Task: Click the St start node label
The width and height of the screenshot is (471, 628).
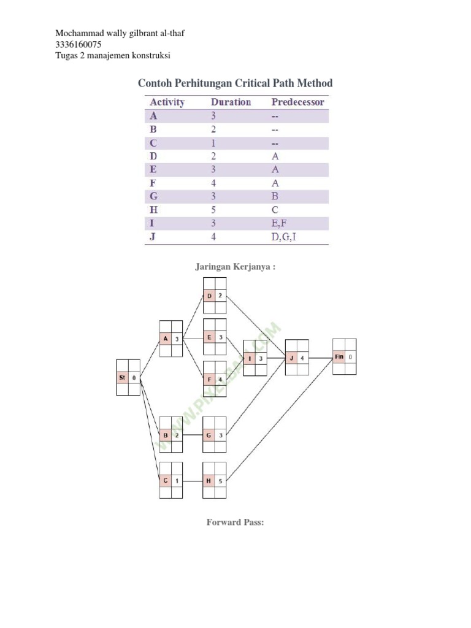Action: pos(122,378)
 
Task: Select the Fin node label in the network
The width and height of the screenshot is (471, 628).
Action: pos(339,356)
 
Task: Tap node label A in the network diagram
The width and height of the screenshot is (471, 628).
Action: pos(165,339)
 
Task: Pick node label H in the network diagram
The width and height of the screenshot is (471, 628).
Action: pos(209,481)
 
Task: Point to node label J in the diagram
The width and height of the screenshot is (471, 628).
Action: pos(292,358)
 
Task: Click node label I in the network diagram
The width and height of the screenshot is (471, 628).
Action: pos(250,358)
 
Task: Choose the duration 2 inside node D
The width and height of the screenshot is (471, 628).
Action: pos(220,296)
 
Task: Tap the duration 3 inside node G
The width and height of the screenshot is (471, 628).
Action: pos(220,435)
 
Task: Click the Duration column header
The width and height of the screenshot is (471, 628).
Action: pos(231,102)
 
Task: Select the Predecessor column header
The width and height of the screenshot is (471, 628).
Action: pos(297,102)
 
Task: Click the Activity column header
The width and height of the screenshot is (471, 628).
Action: pos(167,102)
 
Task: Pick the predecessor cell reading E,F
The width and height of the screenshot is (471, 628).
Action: pos(280,223)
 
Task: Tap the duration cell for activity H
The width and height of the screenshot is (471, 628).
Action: pos(213,210)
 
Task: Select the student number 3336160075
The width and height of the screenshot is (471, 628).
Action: pos(78,45)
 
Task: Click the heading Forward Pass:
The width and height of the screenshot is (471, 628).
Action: pos(235,523)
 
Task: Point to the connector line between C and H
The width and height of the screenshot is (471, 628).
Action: pos(193,481)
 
